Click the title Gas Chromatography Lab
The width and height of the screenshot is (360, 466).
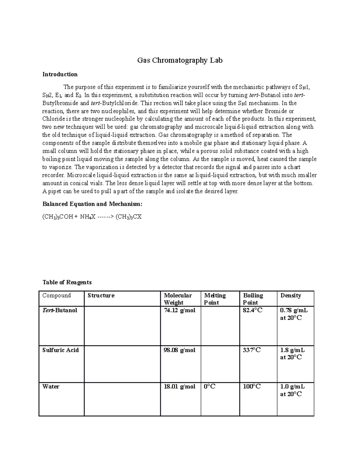pos(180,61)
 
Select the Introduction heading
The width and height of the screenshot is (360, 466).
pos(60,74)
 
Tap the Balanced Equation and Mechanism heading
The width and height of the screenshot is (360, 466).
pos(92,204)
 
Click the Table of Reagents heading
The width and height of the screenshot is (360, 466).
pos(67,282)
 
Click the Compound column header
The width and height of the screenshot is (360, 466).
pos(57,296)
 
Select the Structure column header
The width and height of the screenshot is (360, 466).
pos(101,296)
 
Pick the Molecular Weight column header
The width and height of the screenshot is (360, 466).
pos(178,299)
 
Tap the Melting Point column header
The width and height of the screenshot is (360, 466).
pos(215,299)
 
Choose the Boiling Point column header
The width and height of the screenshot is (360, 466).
pos(253,299)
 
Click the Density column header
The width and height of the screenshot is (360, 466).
pos(290,296)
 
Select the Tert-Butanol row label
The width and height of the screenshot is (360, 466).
pos(60,310)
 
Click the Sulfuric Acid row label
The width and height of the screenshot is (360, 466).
pos(61,350)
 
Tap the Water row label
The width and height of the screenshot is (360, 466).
pos(51,386)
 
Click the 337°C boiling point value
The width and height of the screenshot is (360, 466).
pos(252,350)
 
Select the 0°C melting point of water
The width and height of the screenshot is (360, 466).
pos(210,386)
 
